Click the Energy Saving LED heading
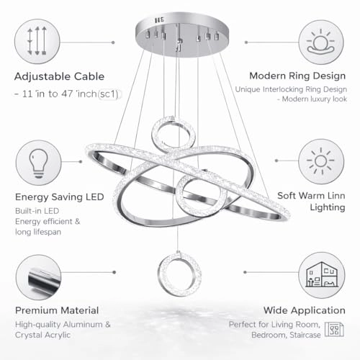(x=58, y=197)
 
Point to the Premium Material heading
(x=55, y=310)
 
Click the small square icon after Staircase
(x=333, y=330)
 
